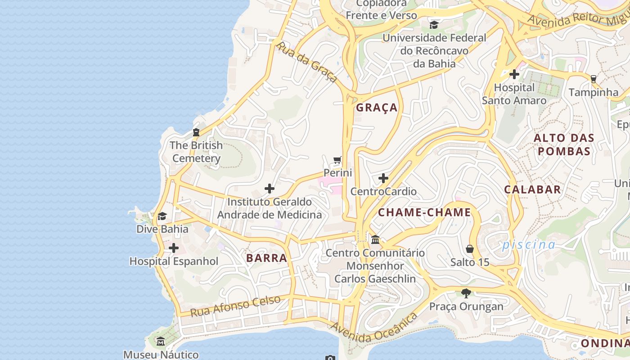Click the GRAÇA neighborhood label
coord(377,108)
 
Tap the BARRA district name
coord(267,258)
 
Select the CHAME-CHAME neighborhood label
coord(424,212)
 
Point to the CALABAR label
coord(532,189)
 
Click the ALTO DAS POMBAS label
coord(564,144)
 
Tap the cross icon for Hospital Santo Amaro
coord(514,74)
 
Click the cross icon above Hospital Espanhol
coord(174,248)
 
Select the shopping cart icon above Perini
coord(337,160)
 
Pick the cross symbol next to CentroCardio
coord(383,179)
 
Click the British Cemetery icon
coord(196,132)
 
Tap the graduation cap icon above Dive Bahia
coord(162,216)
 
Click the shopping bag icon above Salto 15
coord(470,249)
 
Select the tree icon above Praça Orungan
coord(466,293)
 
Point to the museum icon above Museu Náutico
coord(161,342)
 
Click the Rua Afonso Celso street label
coord(235,306)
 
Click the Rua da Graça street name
coord(307,62)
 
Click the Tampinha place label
coord(594,92)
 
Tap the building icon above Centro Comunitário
coord(375,239)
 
